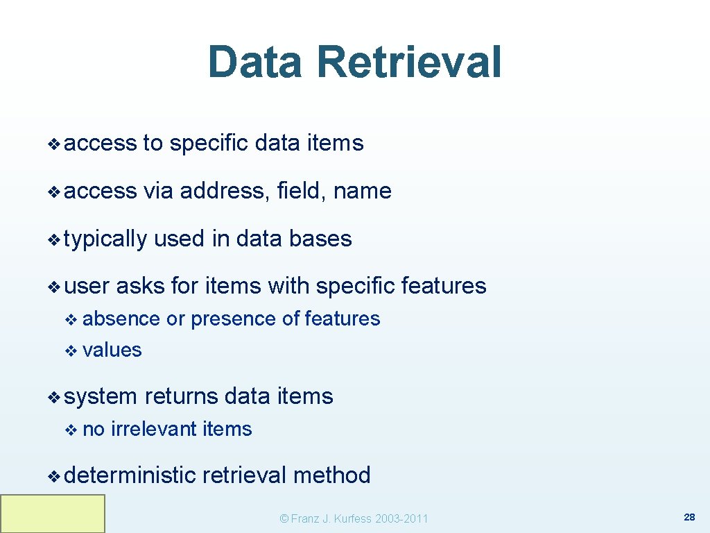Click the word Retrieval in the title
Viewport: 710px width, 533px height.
(x=409, y=62)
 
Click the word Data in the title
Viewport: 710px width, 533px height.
(x=255, y=62)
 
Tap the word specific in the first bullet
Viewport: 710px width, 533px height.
(x=209, y=144)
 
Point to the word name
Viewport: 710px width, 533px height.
(x=362, y=191)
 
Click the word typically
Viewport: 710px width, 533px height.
(x=105, y=239)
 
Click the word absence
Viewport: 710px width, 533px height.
(x=121, y=319)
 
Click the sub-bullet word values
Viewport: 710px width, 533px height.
(x=112, y=350)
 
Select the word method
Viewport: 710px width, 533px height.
(x=331, y=475)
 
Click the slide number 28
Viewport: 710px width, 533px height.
(x=689, y=518)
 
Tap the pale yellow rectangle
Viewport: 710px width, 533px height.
(x=53, y=514)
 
